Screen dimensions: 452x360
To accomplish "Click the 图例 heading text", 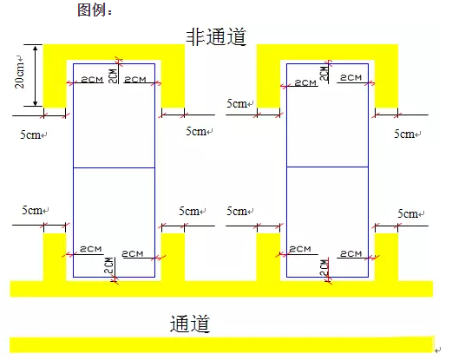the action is tap(92, 10).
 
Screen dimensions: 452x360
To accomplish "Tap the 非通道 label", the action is tap(216, 36).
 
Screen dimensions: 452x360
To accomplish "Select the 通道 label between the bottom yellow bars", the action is tap(189, 324).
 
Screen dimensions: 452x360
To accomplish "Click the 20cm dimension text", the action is tap(20, 72).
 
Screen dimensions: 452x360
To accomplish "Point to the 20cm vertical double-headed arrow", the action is tap(36, 75).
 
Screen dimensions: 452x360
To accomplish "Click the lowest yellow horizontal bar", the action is tap(222, 344).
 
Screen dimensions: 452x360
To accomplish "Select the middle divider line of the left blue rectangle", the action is tap(114, 167).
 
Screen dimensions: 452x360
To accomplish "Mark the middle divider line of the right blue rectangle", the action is tap(327, 167).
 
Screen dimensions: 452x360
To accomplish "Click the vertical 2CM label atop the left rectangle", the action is tap(113, 76).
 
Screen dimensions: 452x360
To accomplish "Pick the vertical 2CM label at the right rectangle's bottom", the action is tap(324, 268).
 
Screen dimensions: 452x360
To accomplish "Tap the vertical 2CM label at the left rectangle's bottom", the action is tap(108, 265).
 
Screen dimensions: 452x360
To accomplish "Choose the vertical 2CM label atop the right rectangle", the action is tap(324, 74).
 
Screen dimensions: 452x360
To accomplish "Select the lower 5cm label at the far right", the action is tap(408, 214).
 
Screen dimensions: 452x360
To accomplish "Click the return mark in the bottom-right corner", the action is tap(438, 350).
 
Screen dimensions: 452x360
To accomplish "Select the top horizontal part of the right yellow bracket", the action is tap(327, 52).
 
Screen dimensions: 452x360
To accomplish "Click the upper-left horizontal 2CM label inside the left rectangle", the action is tap(92, 80).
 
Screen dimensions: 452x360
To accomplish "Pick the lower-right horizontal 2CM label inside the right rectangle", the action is tap(350, 254).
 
